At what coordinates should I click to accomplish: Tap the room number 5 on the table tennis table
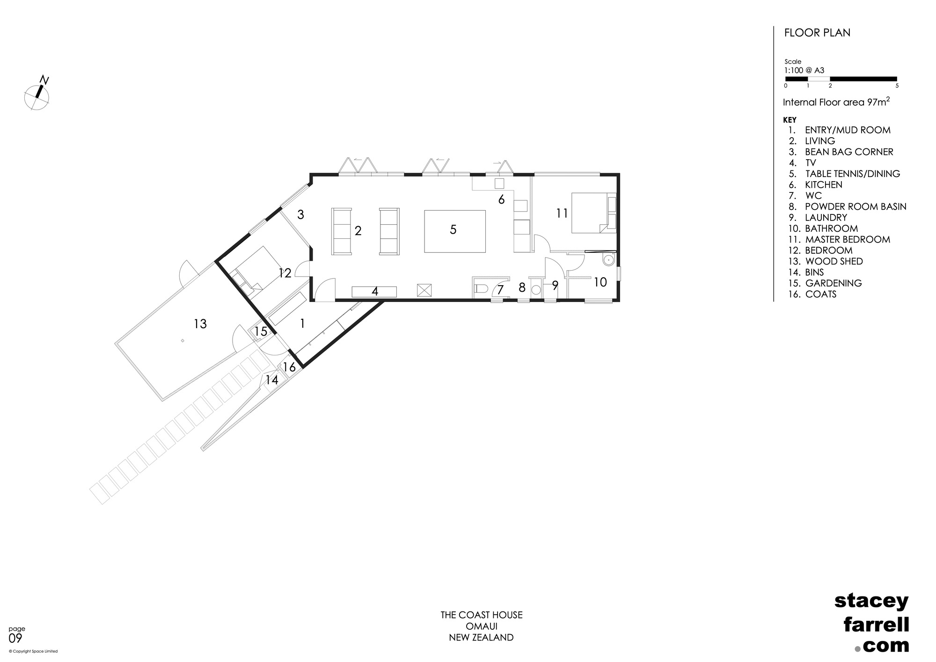(x=453, y=230)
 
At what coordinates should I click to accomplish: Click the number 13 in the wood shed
(x=200, y=324)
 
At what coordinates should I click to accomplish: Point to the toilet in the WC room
(x=481, y=289)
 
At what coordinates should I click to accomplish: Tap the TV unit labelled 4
(x=374, y=292)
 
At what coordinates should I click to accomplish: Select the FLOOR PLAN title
(x=817, y=33)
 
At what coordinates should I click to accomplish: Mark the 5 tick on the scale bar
(x=897, y=86)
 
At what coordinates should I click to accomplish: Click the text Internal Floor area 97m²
(x=836, y=102)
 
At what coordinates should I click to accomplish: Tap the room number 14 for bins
(x=271, y=380)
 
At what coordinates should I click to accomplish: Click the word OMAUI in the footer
(x=481, y=626)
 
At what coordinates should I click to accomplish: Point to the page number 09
(x=15, y=639)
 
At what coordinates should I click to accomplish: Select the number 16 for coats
(x=289, y=368)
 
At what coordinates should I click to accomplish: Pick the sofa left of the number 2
(x=341, y=231)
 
